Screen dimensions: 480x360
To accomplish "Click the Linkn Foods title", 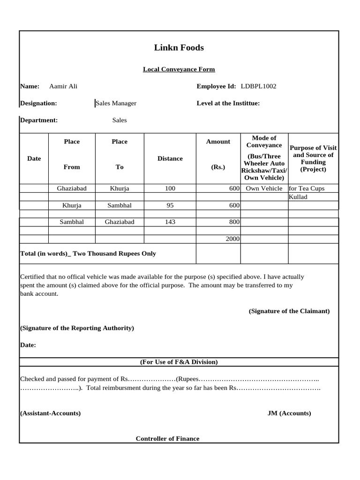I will (179, 48).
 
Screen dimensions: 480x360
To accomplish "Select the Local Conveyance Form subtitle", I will (179, 69).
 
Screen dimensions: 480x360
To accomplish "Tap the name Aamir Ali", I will (63, 86).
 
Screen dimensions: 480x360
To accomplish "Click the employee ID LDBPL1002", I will (258, 86).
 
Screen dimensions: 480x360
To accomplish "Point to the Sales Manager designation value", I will (116, 103).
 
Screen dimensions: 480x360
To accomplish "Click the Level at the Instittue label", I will (228, 103).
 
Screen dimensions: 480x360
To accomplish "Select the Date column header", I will (34, 158).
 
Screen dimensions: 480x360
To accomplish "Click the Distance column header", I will (170, 158).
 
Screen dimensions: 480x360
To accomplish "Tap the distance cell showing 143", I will (170, 222).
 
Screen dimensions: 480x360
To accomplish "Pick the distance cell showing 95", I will (170, 205).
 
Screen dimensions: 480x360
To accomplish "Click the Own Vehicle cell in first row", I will (264, 188).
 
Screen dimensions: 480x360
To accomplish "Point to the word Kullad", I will (298, 197).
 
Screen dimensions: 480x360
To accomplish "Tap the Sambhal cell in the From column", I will (72, 222).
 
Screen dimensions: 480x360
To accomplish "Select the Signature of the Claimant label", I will (289, 311).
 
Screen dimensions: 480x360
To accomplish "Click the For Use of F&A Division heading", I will (179, 362).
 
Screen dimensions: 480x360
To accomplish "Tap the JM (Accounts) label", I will (289, 413).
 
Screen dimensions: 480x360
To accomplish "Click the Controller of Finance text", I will (167, 439).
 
